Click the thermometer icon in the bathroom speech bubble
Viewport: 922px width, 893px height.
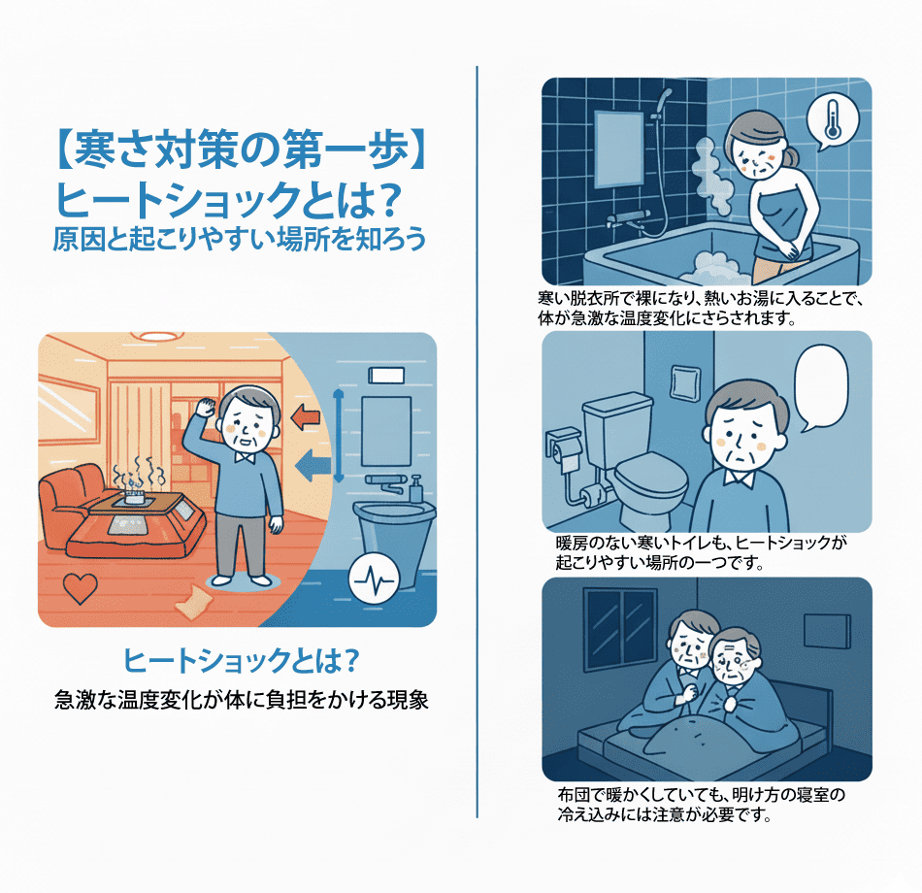(832, 119)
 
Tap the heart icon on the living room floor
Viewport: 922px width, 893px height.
(80, 588)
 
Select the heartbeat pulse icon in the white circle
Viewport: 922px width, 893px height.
(374, 579)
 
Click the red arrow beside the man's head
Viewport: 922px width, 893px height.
(305, 417)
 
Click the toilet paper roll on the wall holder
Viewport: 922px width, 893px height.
(565, 458)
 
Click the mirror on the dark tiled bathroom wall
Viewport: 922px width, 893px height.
(619, 149)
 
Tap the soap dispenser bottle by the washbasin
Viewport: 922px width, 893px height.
(415, 489)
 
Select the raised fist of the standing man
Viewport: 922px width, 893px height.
(205, 407)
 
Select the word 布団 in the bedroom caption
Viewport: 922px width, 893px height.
(574, 795)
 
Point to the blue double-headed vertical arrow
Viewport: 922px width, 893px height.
(338, 435)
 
